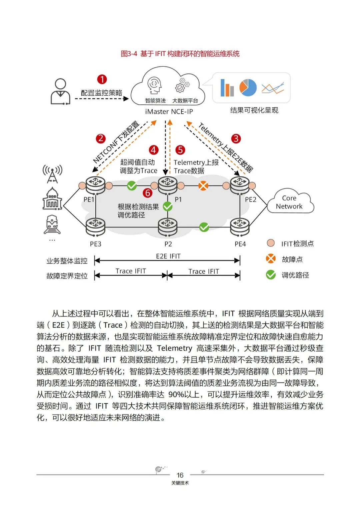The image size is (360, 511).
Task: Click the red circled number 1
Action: click(102, 79)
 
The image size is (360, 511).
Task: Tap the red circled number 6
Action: click(147, 193)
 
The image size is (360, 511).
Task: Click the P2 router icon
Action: click(168, 226)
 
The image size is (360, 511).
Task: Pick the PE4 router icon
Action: click(240, 226)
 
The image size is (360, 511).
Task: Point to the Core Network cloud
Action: click(289, 202)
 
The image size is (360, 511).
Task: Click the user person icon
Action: click(60, 91)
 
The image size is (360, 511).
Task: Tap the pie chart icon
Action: click(248, 88)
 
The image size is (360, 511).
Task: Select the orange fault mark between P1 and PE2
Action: click(203, 185)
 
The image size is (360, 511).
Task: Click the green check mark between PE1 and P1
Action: click(132, 185)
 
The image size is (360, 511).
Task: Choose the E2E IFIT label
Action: click(168, 256)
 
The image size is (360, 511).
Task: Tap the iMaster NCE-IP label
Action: click(169, 112)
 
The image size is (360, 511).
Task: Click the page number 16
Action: click(180, 475)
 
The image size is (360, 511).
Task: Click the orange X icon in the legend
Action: click(271, 259)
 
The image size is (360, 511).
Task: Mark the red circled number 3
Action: click(236, 139)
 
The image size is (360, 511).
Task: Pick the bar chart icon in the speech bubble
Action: click(227, 88)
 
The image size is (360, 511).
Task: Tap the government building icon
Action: click(52, 199)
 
